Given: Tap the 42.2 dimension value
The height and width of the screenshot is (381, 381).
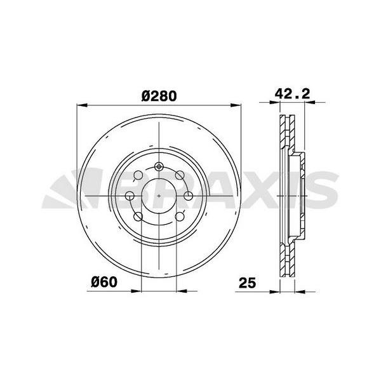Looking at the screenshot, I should click(291, 93).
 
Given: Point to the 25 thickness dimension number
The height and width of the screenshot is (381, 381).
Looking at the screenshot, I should click(248, 282).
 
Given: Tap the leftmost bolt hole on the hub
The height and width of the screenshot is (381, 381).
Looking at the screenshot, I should click(130, 195).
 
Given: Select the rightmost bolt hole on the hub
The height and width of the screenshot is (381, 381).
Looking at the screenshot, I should click(188, 195).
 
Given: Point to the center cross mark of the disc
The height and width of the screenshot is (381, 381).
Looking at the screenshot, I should click(159, 194).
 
